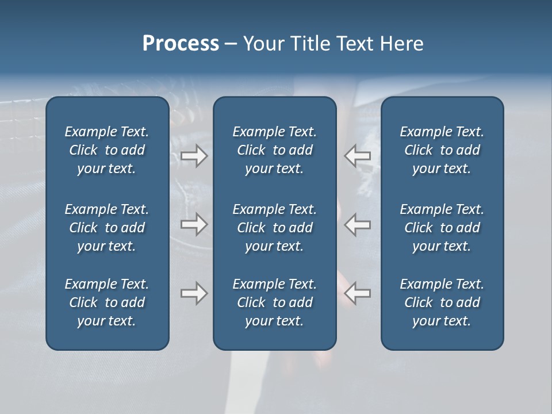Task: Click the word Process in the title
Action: (x=181, y=44)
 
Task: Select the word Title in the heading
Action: (x=310, y=44)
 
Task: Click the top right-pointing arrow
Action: (x=194, y=156)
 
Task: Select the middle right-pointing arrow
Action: (x=194, y=224)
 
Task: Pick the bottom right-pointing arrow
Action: (x=194, y=293)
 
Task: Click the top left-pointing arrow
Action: (x=358, y=156)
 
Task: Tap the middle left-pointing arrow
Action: (x=358, y=224)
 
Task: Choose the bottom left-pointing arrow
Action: (x=358, y=293)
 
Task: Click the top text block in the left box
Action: (x=107, y=150)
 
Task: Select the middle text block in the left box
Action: (x=107, y=228)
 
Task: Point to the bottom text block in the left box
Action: (x=107, y=302)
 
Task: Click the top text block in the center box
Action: (x=274, y=150)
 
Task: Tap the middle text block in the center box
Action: (x=274, y=228)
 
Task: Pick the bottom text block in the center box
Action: (x=274, y=302)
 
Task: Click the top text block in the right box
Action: (x=442, y=150)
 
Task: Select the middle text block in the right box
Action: (x=442, y=228)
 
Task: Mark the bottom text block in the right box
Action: (x=442, y=302)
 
